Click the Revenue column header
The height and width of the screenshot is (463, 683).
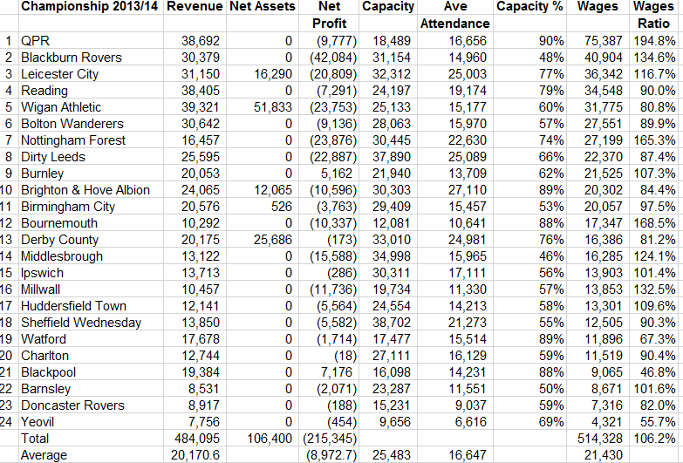click(195, 6)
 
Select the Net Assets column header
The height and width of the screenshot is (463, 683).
click(263, 6)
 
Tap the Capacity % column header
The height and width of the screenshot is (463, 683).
click(529, 6)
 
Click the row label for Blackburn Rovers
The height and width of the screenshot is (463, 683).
click(72, 58)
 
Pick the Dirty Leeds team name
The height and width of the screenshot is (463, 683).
click(53, 157)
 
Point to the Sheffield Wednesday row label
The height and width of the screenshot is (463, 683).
click(81, 323)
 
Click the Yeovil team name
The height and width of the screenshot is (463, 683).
click(38, 422)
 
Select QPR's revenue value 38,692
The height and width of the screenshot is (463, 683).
click(201, 41)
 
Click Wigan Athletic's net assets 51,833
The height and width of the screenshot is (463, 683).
click(273, 107)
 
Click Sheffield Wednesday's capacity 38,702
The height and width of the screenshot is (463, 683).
click(391, 323)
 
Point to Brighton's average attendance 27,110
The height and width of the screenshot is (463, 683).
click(468, 190)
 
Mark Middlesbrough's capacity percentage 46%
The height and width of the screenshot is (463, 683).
click(551, 256)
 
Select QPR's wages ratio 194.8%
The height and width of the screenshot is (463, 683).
click(654, 41)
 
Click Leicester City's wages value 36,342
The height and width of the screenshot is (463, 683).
click(604, 74)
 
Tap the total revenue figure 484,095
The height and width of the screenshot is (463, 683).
click(197, 439)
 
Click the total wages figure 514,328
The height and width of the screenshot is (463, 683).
click(600, 439)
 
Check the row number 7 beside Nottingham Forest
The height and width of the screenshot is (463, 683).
click(9, 140)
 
